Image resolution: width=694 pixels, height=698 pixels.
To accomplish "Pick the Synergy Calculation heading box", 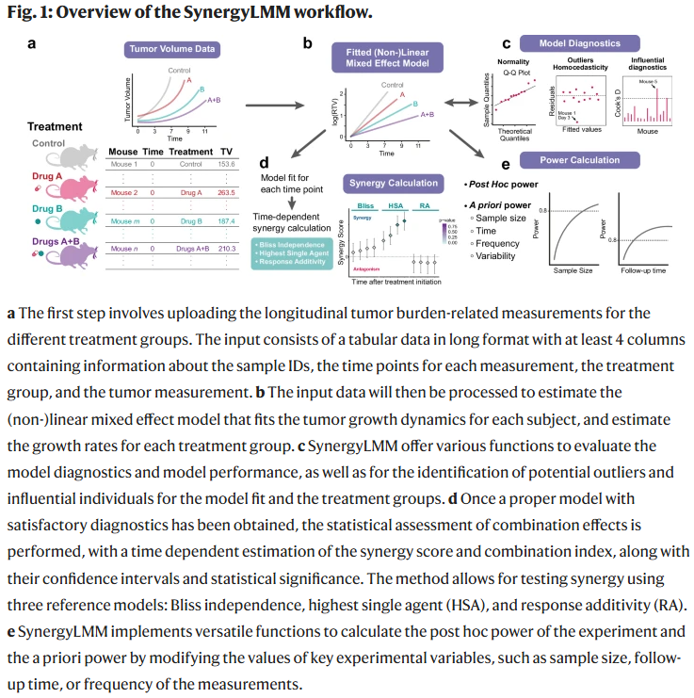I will coord(394,183).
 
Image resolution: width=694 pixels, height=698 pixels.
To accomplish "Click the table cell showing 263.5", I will coord(226,192).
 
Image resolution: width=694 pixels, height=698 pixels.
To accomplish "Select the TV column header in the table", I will coord(226,151).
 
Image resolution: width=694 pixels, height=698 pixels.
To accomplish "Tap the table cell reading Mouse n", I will coord(125,249).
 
